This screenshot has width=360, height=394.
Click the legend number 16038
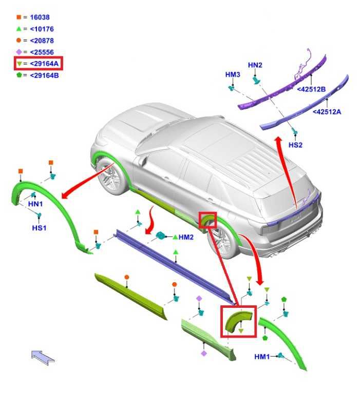pos(40,17)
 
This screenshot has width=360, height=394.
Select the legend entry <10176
pos(42,29)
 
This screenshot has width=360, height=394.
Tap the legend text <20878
pos(42,41)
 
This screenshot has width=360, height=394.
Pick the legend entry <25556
pos(42,52)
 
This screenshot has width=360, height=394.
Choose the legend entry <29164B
pos(44,75)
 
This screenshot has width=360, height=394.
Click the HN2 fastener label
pos(255,65)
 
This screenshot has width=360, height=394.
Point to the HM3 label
pos(233,74)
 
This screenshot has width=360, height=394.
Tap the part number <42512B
pos(311,89)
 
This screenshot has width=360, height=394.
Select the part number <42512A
pos(327,111)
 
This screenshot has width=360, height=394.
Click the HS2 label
pos(295,145)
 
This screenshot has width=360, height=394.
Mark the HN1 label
pos(35,204)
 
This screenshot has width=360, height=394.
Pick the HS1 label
pos(39,228)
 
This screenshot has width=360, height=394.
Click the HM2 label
pos(186,237)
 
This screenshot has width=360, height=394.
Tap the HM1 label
pos(262,357)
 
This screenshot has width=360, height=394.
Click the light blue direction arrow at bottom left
pos(43,357)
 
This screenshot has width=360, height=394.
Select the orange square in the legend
pos(18,17)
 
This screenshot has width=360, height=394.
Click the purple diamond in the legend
pos(19,52)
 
